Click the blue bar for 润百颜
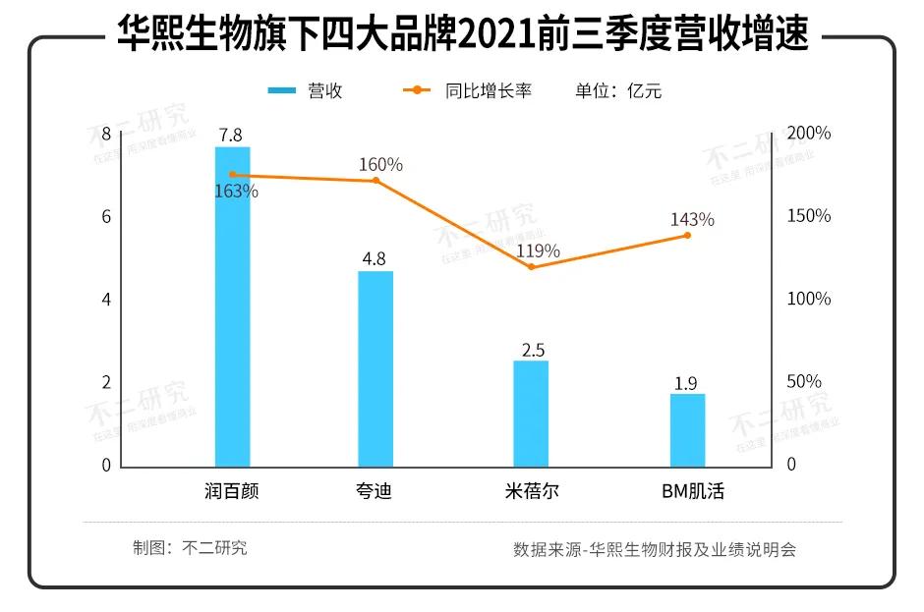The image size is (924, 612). click(x=233, y=306)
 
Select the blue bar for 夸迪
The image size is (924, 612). click(x=375, y=368)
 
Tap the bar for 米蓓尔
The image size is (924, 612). click(x=531, y=413)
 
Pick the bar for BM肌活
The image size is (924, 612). click(x=687, y=429)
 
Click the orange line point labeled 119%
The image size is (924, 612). click(x=531, y=266)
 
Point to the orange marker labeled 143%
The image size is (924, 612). click(x=687, y=235)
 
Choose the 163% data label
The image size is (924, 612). click(x=236, y=192)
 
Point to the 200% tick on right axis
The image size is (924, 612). click(x=809, y=133)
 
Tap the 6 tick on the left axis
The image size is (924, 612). click(x=106, y=217)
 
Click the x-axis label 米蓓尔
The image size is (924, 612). click(x=531, y=490)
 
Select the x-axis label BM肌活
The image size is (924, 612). click(x=692, y=490)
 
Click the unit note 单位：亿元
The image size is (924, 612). click(x=618, y=90)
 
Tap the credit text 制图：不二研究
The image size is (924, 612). click(x=190, y=548)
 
